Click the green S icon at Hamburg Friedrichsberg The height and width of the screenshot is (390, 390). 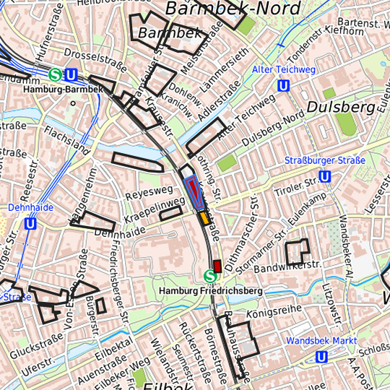(210, 275)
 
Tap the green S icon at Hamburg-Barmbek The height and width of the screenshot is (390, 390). (56, 74)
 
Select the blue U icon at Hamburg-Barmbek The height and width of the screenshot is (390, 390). (71, 74)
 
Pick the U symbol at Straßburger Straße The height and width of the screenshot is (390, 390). (325, 176)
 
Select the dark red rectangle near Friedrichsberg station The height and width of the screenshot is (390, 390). (217, 265)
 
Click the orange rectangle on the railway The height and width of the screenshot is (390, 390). (204, 217)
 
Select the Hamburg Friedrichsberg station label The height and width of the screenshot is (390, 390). (209, 290)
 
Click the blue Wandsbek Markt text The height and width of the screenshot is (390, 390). (321, 340)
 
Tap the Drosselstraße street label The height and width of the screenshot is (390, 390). (90, 54)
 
